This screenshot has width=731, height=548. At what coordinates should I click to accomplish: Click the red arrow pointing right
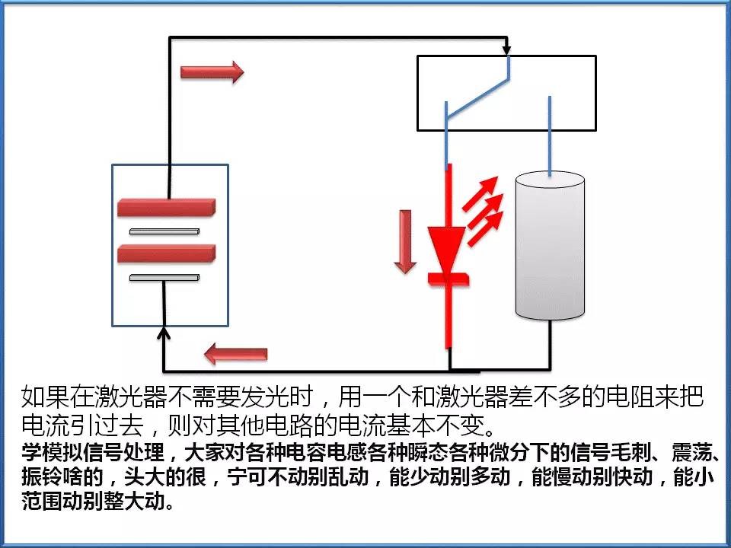point(212,72)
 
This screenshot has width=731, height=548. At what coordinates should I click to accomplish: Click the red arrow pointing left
point(236,354)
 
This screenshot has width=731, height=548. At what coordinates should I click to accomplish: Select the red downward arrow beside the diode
point(405,241)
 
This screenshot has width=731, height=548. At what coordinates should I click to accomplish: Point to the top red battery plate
point(167,207)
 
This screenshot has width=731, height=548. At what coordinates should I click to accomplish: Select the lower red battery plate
point(167,252)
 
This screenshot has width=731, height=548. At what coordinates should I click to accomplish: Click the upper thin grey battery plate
point(164,230)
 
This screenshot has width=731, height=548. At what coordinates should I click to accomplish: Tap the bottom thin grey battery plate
point(164,278)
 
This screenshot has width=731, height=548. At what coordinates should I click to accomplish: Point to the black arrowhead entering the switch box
point(507,51)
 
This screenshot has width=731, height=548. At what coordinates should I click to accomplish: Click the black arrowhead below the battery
point(164,333)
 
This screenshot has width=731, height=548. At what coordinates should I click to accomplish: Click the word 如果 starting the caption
point(40,397)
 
